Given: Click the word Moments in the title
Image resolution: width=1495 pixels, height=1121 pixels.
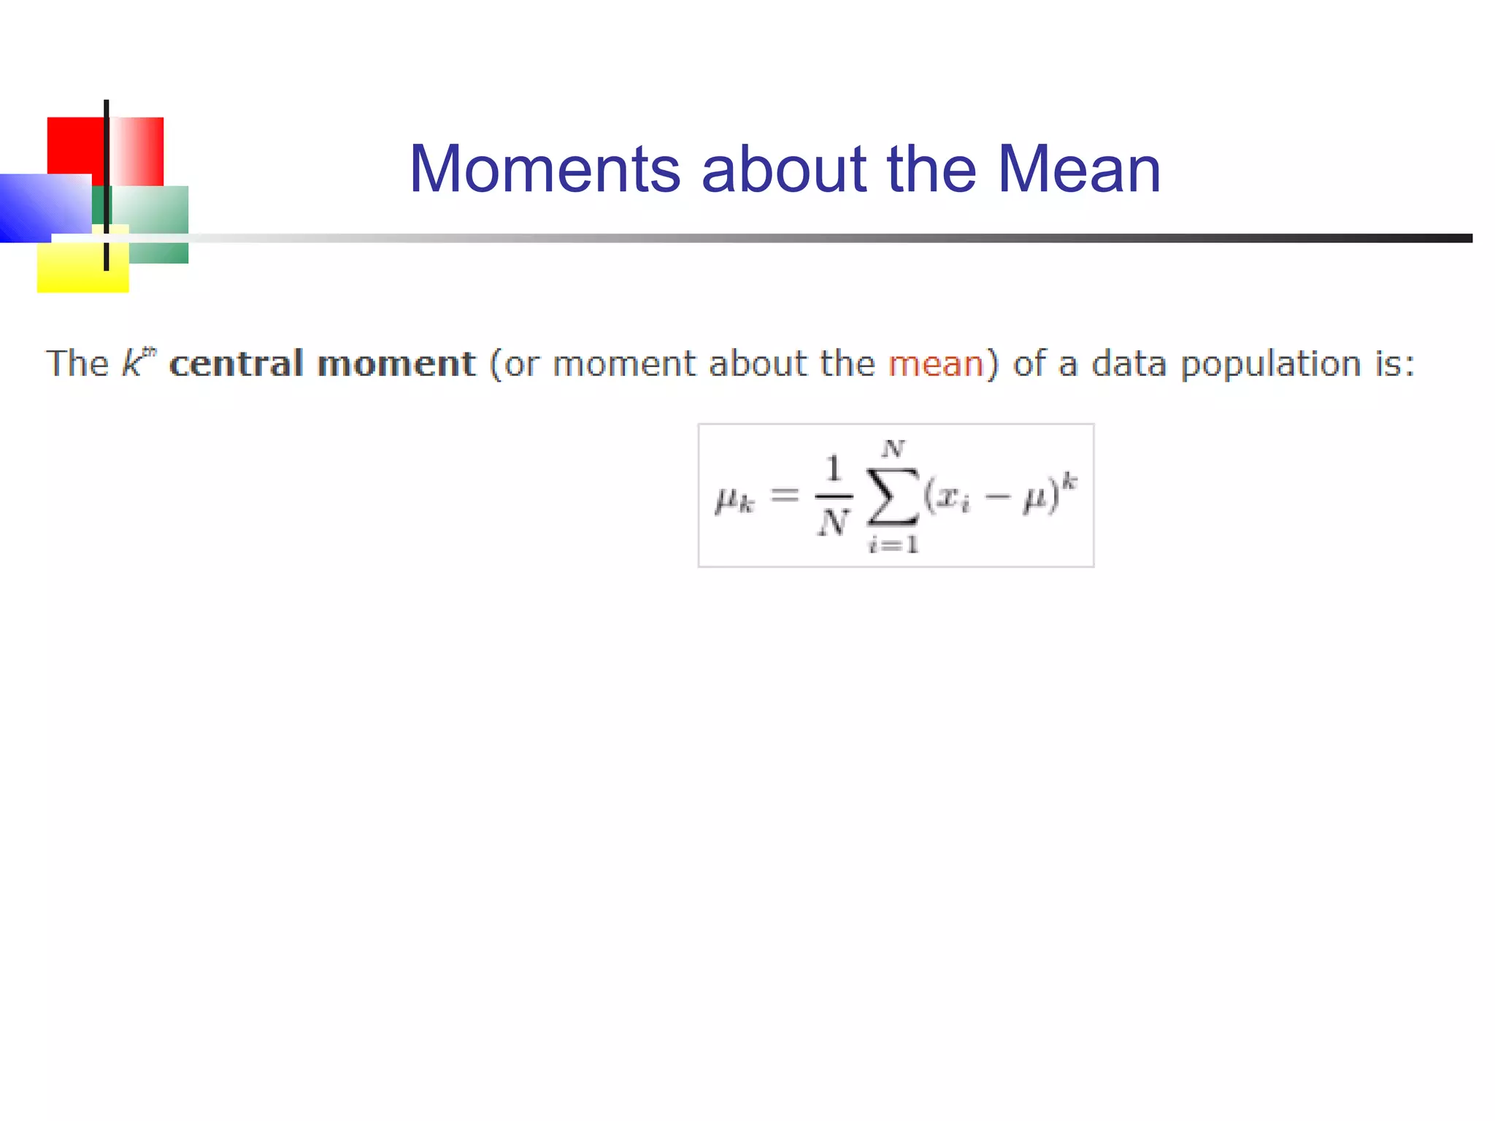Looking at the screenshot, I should click(545, 169).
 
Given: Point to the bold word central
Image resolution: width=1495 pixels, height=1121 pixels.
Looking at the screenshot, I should click(236, 363).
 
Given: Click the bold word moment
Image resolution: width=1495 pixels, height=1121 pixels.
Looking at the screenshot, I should click(397, 363).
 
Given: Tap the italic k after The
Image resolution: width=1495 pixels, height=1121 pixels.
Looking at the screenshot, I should click(132, 363).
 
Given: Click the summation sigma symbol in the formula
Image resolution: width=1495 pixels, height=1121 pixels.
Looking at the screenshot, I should click(892, 496).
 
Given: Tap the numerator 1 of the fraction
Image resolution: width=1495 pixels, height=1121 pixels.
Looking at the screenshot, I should click(834, 469).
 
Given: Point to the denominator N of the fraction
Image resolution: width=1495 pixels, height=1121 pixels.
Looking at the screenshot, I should click(834, 523).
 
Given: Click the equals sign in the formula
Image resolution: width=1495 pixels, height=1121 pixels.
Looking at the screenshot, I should click(785, 496).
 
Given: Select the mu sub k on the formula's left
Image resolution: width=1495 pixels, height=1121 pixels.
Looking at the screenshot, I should click(734, 501).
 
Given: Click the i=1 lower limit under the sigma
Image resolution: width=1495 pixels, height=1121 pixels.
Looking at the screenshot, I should click(893, 544).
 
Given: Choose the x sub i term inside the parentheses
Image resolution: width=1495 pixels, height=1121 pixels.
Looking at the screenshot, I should click(953, 498).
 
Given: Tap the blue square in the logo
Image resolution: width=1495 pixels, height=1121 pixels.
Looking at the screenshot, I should click(36, 208).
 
